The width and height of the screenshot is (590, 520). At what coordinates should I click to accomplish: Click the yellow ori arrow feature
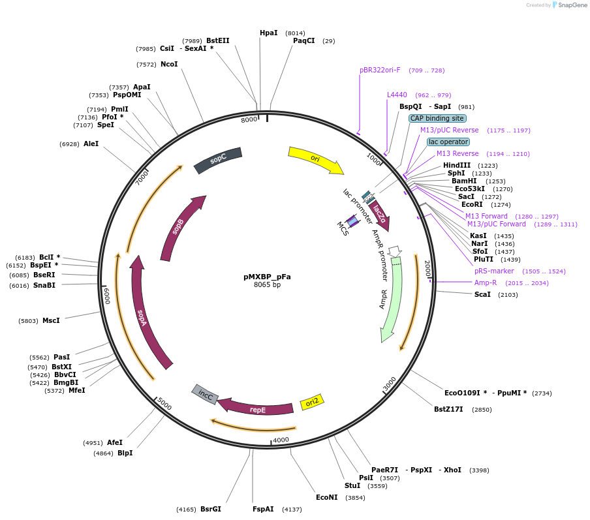[316, 160]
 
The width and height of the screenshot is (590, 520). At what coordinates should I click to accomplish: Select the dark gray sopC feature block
[218, 160]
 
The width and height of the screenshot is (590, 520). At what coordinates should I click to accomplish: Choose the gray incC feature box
[204, 394]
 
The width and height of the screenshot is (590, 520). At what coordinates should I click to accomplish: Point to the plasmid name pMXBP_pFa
[267, 277]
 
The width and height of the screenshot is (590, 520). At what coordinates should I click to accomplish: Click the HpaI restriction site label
[268, 33]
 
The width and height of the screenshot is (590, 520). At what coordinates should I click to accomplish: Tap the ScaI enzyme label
[482, 295]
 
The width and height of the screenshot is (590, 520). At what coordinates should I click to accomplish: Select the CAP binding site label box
[437, 119]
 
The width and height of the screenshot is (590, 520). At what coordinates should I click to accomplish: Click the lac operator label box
[448, 142]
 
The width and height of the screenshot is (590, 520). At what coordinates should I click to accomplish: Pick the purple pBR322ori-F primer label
[380, 70]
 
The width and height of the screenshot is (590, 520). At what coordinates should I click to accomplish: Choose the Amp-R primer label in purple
[485, 283]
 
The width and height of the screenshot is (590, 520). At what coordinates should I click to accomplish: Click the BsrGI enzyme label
[211, 509]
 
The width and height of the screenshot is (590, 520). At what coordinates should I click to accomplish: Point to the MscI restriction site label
[51, 320]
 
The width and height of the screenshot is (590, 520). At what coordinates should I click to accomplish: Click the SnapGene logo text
[572, 5]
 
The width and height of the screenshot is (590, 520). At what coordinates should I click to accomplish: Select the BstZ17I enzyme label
[448, 409]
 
